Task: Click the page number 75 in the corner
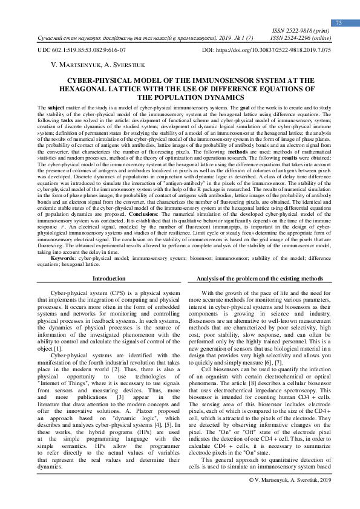point(339,22)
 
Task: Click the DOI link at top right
point(266,51)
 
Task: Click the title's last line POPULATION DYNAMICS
point(179,97)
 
